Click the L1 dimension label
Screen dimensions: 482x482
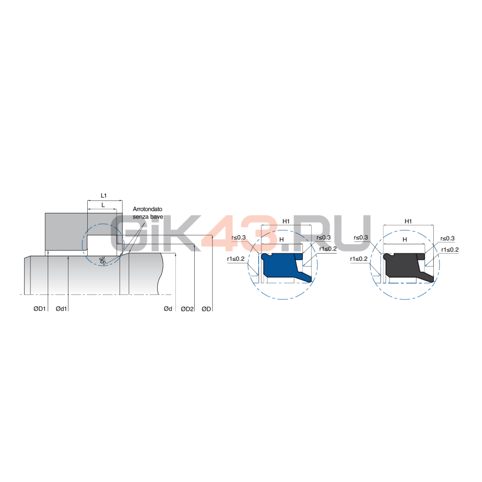click(x=104, y=196)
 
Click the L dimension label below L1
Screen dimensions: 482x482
click(x=103, y=205)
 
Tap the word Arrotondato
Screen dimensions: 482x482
click(x=147, y=209)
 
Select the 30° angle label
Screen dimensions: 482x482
click(x=102, y=261)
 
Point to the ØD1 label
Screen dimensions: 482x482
click(x=40, y=308)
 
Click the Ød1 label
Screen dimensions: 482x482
click(x=61, y=308)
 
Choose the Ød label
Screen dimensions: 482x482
click(x=168, y=308)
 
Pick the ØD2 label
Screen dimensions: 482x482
click(x=187, y=308)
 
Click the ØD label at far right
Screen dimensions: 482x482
click(x=206, y=308)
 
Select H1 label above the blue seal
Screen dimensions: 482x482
click(x=286, y=221)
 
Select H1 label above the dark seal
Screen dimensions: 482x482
click(x=408, y=221)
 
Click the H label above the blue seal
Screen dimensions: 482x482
click(x=281, y=240)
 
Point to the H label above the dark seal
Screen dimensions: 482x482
click(x=404, y=240)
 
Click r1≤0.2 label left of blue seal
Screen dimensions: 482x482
click(x=236, y=259)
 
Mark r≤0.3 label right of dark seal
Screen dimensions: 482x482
click(x=447, y=238)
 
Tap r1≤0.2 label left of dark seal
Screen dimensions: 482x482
click(x=359, y=259)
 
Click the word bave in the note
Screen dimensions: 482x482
click(x=157, y=217)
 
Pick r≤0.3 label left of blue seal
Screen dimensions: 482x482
click(x=239, y=237)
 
